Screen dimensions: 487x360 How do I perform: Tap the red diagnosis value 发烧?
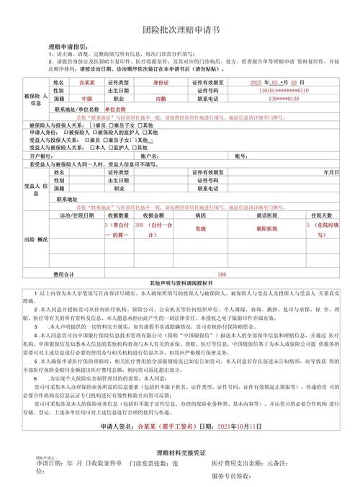pyautogui.click(x=201, y=228)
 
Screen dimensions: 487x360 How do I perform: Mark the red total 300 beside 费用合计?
pyautogui.click(x=222, y=274)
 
